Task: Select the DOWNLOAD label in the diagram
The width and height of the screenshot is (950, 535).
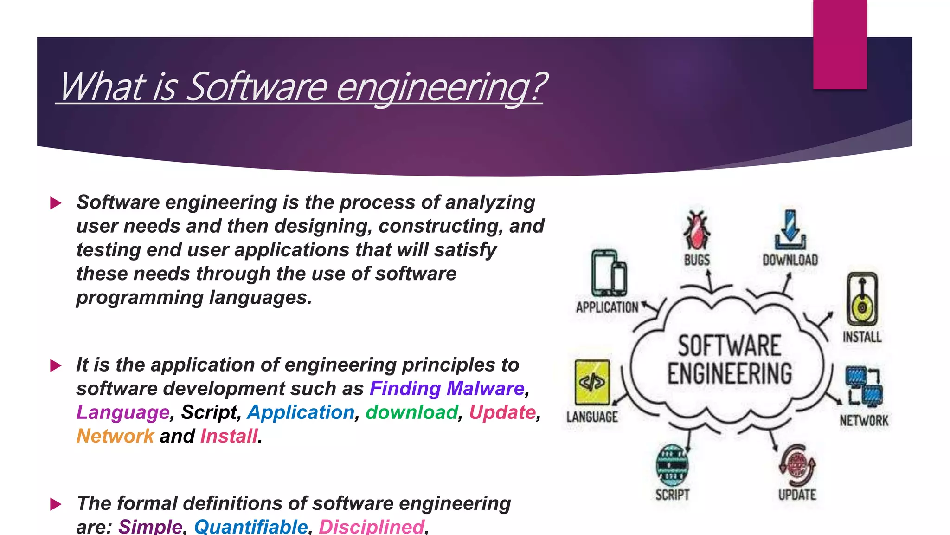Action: point(790,260)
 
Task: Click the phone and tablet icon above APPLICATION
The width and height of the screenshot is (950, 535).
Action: point(609,273)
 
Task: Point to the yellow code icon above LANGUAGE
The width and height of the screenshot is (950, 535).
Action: point(592,382)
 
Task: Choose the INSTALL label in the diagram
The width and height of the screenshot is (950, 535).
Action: point(862,337)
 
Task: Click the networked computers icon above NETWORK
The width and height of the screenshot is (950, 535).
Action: point(863,386)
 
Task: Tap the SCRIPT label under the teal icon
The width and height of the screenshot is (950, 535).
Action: point(672,495)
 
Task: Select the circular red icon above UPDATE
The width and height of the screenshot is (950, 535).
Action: point(797,465)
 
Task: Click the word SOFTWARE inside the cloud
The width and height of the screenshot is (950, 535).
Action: point(730,346)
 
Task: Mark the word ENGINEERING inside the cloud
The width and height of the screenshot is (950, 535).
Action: point(730,374)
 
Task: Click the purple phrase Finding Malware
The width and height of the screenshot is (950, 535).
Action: point(447,389)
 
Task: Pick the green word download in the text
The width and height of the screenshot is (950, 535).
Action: point(411,412)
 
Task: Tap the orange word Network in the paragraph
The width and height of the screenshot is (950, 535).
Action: point(115,436)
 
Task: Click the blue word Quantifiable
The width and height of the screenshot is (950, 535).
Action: point(250,527)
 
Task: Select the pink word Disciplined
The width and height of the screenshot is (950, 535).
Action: point(371,527)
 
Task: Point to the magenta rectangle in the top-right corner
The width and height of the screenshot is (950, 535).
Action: point(840,45)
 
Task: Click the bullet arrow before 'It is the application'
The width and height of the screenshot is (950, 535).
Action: point(56,366)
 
